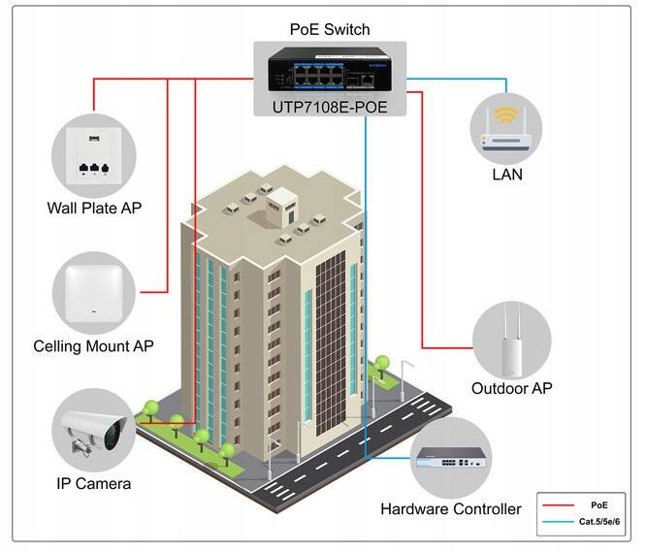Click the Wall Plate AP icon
[x=89, y=156]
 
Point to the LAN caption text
[x=506, y=176]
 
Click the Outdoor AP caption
[x=511, y=389]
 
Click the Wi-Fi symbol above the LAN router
[x=505, y=116]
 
